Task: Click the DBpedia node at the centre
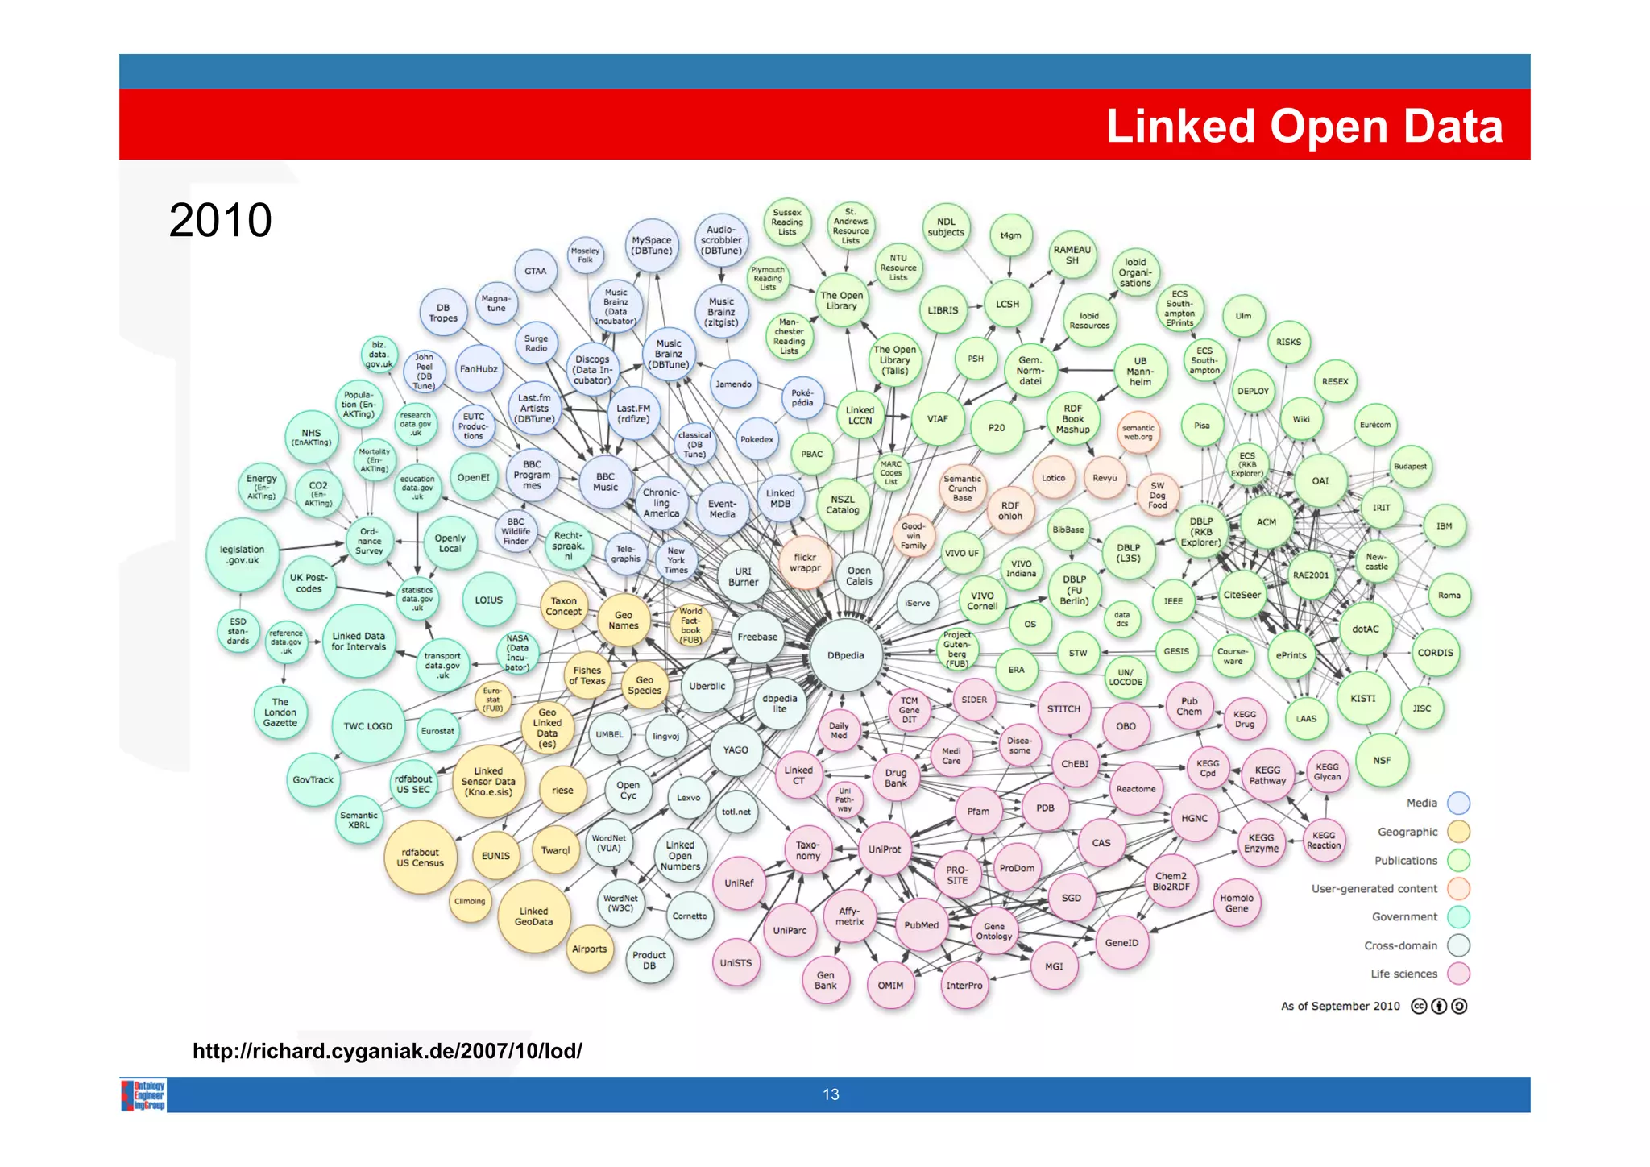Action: tap(845, 655)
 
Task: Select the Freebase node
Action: tap(757, 637)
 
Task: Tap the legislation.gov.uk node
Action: tap(243, 555)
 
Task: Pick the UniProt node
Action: tap(885, 849)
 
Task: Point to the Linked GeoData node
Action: tap(533, 916)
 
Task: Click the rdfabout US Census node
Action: tap(420, 858)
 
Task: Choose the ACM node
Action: tap(1266, 522)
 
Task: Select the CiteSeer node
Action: tap(1242, 595)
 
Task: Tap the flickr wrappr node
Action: tap(805, 562)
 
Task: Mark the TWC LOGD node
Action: tap(368, 726)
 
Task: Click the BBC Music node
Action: tap(605, 482)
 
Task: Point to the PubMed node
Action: tap(921, 925)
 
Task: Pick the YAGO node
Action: tap(736, 750)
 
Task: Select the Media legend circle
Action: tap(1458, 803)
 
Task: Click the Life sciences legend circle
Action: tap(1458, 974)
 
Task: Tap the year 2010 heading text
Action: tap(220, 220)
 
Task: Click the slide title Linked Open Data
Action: tap(1304, 127)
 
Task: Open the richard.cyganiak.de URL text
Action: tap(387, 1051)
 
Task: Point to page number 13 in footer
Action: tap(831, 1094)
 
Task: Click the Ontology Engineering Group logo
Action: tap(144, 1095)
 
